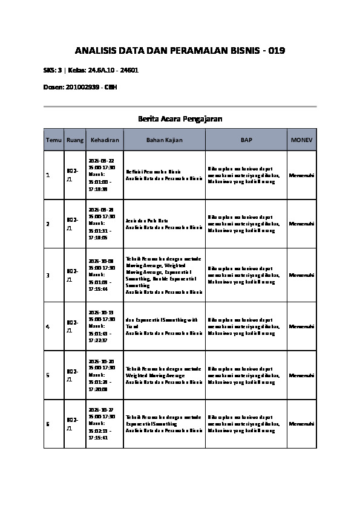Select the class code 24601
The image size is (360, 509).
pos(130,70)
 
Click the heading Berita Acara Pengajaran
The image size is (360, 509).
pos(180,119)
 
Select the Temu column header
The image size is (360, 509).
pos(54,140)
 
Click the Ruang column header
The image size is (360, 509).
pos(75,140)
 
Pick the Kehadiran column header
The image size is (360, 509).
pos(104,140)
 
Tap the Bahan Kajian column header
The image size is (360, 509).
pos(164,140)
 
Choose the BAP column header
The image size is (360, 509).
pos(246,140)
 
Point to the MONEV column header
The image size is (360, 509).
pos(302,140)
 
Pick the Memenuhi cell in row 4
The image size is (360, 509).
pos(302,326)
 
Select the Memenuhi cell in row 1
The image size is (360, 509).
pos(302,175)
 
